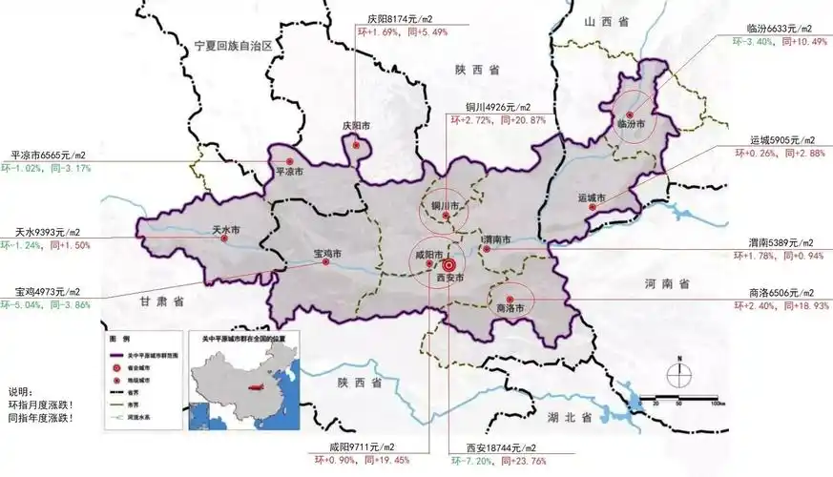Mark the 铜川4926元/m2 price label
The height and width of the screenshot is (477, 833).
click(497, 107)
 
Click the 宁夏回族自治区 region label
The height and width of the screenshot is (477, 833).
click(233, 46)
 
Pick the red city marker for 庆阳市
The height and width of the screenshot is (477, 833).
click(356, 146)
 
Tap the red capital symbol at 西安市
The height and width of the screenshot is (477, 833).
click(448, 265)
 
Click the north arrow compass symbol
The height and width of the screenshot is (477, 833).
click(677, 375)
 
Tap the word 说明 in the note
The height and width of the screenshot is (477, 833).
click(21, 392)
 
